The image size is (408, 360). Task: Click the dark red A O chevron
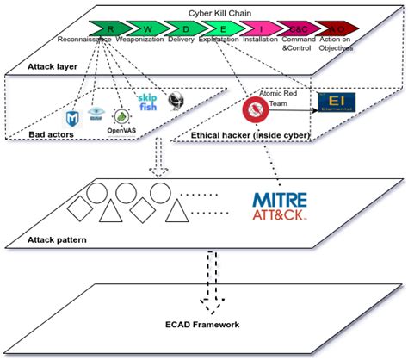click(x=343, y=28)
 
